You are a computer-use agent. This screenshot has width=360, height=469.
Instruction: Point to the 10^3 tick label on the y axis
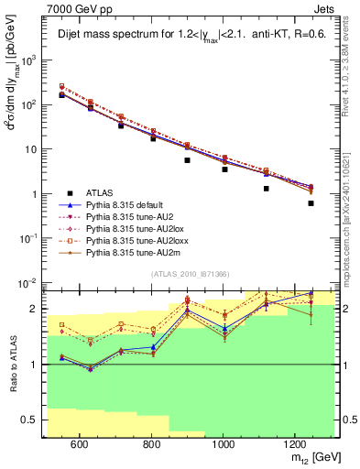[x=30, y=60]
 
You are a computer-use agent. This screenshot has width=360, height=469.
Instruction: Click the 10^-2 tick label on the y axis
[x=29, y=283]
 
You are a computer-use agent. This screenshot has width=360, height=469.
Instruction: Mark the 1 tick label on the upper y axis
[x=36, y=194]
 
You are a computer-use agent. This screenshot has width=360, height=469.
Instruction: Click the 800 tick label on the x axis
[x=151, y=444]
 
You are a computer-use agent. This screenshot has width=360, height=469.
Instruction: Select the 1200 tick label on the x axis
[x=294, y=444]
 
